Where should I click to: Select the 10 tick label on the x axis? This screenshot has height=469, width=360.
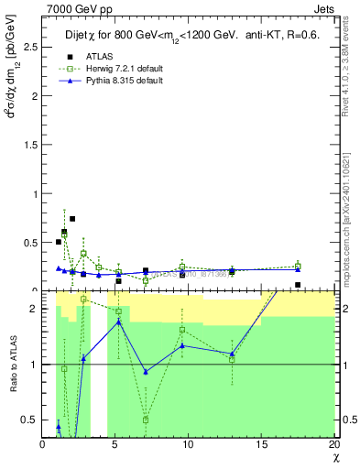(x=188, y=444)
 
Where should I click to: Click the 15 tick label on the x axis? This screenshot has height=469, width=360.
(x=260, y=444)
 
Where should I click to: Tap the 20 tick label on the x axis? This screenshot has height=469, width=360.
(x=333, y=444)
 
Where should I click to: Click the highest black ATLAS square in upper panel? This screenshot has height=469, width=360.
(x=71, y=219)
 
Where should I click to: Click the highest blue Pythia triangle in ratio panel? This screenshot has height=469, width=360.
(x=119, y=322)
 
